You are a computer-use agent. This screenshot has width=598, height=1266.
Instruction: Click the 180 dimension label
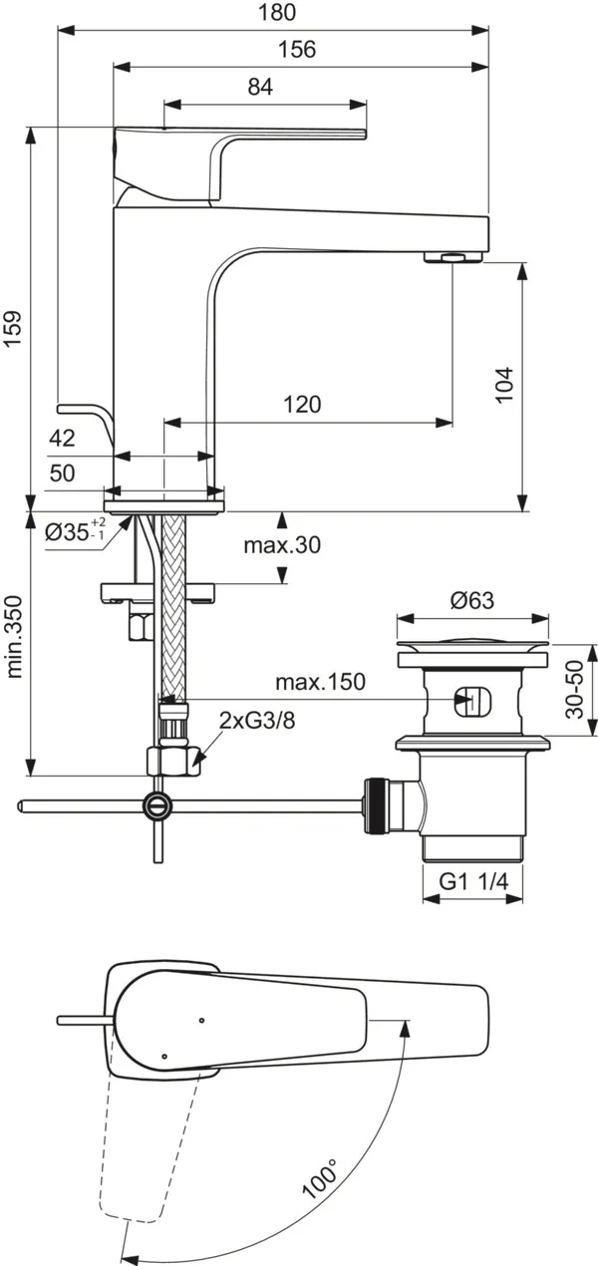coord(283,12)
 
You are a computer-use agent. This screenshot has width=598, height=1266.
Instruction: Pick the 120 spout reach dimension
coord(302,404)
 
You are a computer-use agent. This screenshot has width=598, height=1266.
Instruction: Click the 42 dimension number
coord(62,438)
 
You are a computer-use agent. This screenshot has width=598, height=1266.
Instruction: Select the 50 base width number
coord(62,474)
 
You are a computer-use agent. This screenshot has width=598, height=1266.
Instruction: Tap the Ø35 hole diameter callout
coord(75,531)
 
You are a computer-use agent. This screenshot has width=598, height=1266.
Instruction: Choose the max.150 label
coord(321,682)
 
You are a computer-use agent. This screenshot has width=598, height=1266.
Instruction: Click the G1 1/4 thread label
coord(474,880)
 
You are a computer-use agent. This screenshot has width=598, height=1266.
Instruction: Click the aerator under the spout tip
coord(453,259)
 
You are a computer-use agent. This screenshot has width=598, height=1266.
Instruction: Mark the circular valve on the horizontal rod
coord(157,803)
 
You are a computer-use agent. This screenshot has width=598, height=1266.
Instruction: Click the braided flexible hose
coord(173,608)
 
